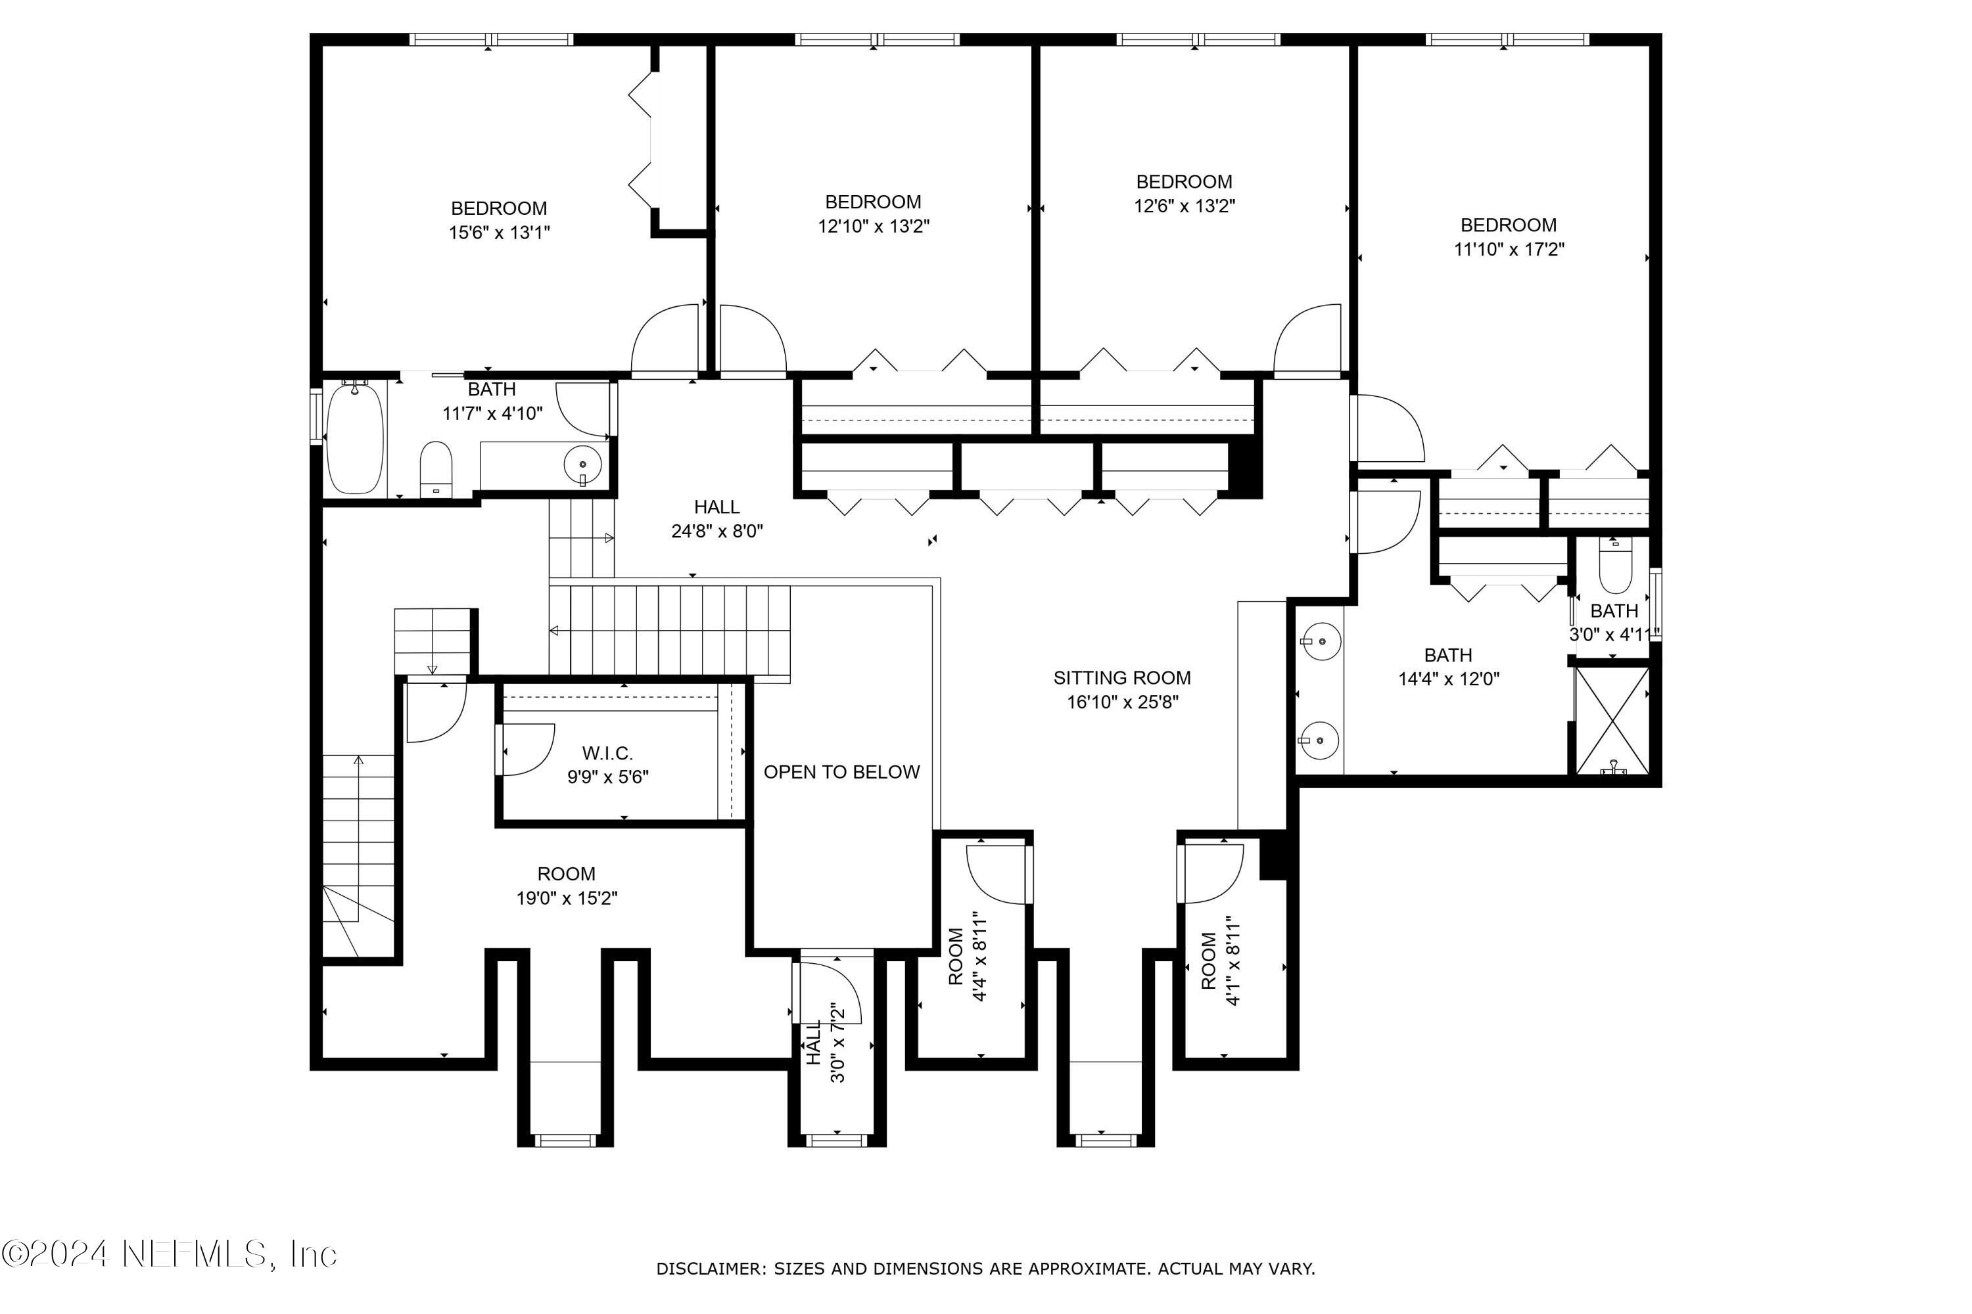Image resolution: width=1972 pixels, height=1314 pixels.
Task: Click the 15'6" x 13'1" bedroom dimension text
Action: [499, 232]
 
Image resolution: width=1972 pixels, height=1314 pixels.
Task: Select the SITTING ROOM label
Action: [1122, 678]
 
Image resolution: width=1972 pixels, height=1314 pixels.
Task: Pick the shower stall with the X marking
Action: [1612, 721]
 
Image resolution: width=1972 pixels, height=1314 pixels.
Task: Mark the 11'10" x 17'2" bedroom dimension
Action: [1509, 249]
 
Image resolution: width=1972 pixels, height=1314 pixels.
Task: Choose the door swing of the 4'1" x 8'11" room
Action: [1211, 874]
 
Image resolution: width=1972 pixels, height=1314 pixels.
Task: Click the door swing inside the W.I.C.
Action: [526, 750]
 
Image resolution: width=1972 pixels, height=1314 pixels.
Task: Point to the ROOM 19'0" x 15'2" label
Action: [567, 886]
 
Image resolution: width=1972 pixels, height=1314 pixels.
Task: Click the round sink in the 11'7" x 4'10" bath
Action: [582, 463]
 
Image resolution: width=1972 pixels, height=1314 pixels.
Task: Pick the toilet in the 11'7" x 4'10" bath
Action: [435, 468]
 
